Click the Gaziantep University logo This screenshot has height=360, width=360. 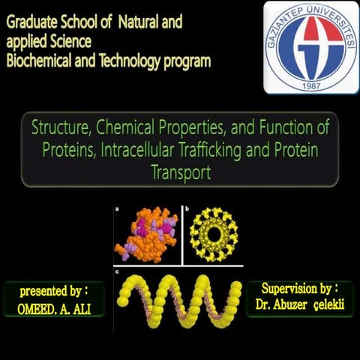tap(310, 46)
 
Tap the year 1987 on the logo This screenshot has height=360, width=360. tap(310, 83)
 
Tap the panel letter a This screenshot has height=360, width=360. tap(116, 209)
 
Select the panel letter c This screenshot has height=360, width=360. tap(116, 268)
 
